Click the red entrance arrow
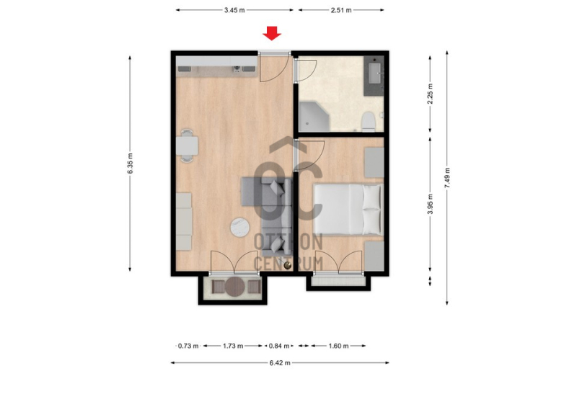pos(272,33)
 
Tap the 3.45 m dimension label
pos(234,10)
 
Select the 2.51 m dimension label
pos(341,10)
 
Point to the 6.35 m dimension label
pos(130,164)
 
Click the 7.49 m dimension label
pos(447,178)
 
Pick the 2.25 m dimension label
pos(430,94)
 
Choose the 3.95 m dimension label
pos(430,204)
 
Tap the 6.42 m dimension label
pos(280,363)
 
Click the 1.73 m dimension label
pos(233,346)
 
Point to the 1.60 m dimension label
pos(338,346)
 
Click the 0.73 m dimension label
pos(188,346)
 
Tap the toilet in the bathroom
pos(369,122)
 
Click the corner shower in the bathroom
pos(313,117)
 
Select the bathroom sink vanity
pos(374,76)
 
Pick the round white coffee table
pos(240,227)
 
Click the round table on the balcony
pos(235,287)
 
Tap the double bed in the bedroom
pos(348,209)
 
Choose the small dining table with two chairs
pos(187,146)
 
